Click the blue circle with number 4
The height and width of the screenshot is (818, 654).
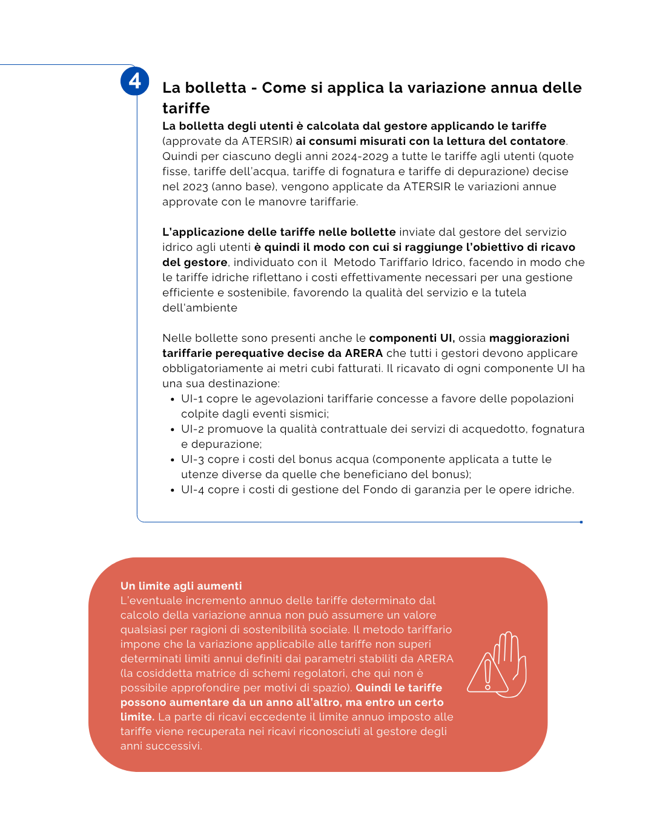[134, 81]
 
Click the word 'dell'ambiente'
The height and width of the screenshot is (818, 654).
[200, 308]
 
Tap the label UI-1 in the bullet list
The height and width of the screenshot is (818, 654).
[192, 399]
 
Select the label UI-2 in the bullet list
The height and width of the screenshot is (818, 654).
[193, 429]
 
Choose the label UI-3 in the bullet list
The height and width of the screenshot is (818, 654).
[193, 459]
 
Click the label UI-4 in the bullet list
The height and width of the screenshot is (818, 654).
[193, 490]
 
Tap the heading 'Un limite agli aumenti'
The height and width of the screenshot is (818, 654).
[181, 586]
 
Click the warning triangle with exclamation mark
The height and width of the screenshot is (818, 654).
[486, 674]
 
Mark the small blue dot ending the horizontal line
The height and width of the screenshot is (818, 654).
[581, 522]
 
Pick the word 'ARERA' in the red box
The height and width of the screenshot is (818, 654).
[435, 659]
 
